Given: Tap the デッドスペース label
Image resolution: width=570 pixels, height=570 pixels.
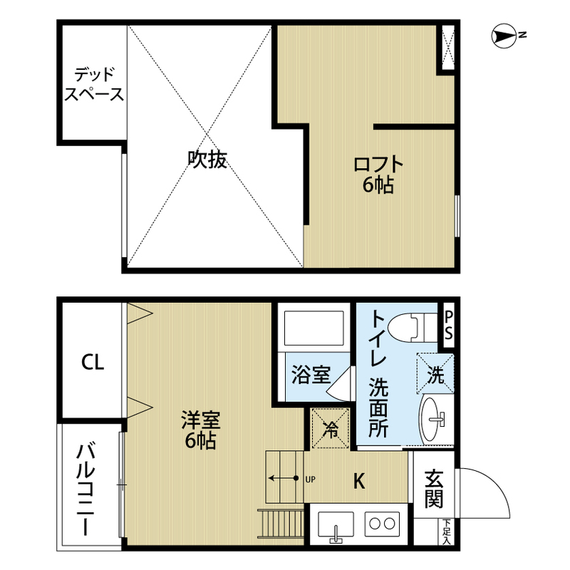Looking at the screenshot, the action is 94,84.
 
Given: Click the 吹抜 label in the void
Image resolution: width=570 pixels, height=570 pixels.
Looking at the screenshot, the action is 207,160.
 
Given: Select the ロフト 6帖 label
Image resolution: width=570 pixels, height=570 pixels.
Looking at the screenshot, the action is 378,175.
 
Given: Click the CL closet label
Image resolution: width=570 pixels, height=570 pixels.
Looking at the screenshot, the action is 93,363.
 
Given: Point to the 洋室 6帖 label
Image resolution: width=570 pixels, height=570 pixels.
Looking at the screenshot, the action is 201,430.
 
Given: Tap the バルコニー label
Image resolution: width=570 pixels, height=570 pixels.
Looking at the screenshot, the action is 85,489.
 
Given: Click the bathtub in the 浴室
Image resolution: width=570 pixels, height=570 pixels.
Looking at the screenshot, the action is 313,328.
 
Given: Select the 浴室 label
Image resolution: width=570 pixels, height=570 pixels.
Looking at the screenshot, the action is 311,375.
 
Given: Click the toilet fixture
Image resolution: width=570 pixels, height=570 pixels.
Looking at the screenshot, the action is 412,328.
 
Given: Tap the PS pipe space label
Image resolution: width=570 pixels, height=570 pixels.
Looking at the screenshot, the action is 449,326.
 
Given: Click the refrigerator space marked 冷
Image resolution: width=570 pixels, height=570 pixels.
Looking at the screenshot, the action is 331,428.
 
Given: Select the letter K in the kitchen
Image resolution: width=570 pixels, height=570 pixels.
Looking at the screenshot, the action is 359,481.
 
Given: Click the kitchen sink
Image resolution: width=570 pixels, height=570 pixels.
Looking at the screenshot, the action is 336,527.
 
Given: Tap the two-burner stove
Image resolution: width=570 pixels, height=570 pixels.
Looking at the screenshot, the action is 382,524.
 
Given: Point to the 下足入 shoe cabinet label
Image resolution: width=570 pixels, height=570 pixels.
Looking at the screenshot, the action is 447,532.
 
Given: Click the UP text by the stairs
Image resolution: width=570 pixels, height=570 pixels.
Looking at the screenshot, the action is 310,480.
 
